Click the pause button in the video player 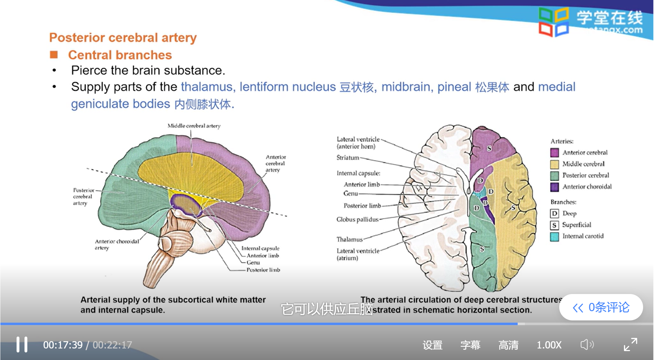[x=22, y=344]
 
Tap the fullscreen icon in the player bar [x=630, y=344]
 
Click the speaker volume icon [x=587, y=345]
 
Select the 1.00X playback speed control [x=549, y=345]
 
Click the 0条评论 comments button [x=601, y=307]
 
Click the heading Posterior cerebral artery [x=123, y=38]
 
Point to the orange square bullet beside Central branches [x=54, y=55]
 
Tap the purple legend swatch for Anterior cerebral [x=554, y=152]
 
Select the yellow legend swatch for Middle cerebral [x=554, y=164]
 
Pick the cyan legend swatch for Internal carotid [x=554, y=236]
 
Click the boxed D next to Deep [x=554, y=213]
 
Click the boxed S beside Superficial [x=554, y=225]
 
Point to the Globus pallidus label [x=357, y=219]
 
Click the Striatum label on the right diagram [x=348, y=158]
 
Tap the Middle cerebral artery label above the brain [x=194, y=126]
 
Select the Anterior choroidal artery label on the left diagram [x=117, y=245]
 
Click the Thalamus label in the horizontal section [x=349, y=239]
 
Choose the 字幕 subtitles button [x=470, y=345]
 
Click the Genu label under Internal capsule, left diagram [x=253, y=263]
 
